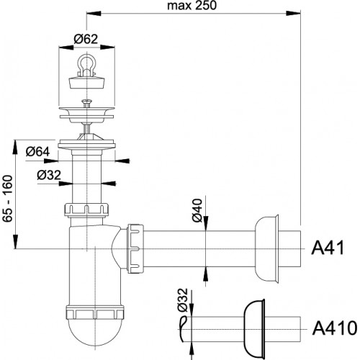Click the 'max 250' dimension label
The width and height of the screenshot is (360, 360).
pyautogui.click(x=192, y=6)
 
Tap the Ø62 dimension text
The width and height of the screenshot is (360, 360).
pyautogui.click(x=86, y=39)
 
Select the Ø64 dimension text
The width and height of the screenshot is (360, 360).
pyautogui.click(x=37, y=152)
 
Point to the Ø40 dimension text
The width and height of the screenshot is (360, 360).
pyautogui.click(x=197, y=210)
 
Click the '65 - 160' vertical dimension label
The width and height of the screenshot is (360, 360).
pyautogui.click(x=7, y=199)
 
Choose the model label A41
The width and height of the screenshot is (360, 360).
pyautogui.click(x=328, y=248)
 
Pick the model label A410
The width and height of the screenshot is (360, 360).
pyautogui.click(x=335, y=328)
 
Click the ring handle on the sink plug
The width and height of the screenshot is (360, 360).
pyautogui.click(x=86, y=64)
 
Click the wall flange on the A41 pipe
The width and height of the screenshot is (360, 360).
pyautogui.click(x=267, y=248)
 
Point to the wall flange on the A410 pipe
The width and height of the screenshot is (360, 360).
pyautogui.click(x=255, y=329)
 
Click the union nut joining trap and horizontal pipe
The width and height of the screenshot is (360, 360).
pyautogui.click(x=135, y=248)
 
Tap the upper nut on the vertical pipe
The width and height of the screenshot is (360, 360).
pyautogui.click(x=86, y=210)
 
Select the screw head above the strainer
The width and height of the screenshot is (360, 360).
pyautogui.click(x=86, y=102)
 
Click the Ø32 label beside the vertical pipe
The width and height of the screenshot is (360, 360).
pyautogui.click(x=49, y=176)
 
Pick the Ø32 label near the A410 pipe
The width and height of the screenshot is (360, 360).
pyautogui.click(x=183, y=300)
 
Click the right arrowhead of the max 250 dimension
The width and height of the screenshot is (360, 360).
pyautogui.click(x=293, y=13)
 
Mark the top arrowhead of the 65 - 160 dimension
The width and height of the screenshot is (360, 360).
pyautogui.click(x=15, y=147)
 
